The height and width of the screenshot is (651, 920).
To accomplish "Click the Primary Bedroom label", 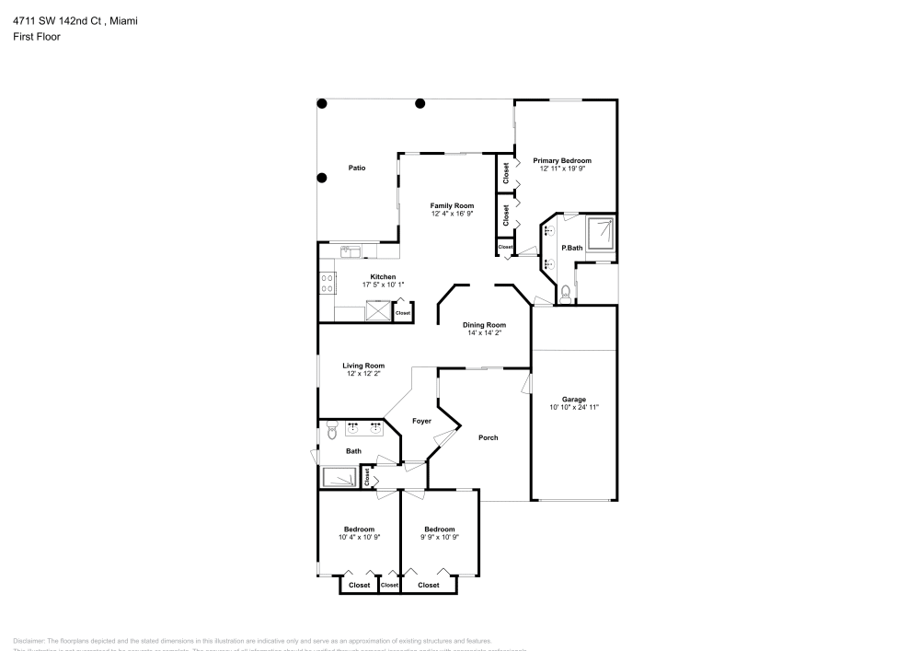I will click(x=562, y=160).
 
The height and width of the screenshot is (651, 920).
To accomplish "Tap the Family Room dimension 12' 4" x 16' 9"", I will click(x=452, y=214).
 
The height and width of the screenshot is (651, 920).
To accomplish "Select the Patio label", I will click(x=357, y=168).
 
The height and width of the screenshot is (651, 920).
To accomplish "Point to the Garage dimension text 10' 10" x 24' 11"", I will click(x=574, y=407).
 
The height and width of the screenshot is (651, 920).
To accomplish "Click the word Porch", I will click(x=488, y=437).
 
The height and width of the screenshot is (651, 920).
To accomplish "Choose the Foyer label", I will click(x=421, y=421).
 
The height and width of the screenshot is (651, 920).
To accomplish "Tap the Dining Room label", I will click(x=484, y=324).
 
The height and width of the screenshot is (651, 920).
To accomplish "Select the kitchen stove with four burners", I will click(x=328, y=284).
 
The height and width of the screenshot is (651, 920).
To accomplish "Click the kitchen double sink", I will click(x=351, y=250).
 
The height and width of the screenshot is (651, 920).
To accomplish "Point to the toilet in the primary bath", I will click(x=565, y=293).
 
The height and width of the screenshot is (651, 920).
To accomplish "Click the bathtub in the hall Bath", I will click(x=339, y=477).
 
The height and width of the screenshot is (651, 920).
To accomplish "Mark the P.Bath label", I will click(x=572, y=248).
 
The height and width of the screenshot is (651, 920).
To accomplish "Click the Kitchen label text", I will click(x=383, y=277).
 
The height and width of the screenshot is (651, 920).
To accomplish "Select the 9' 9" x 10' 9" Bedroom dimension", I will click(x=440, y=537).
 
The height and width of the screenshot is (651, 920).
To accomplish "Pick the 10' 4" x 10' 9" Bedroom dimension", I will click(x=359, y=537).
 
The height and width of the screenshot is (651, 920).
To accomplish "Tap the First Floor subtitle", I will click(x=36, y=37).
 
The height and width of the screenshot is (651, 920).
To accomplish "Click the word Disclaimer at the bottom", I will click(x=29, y=641).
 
